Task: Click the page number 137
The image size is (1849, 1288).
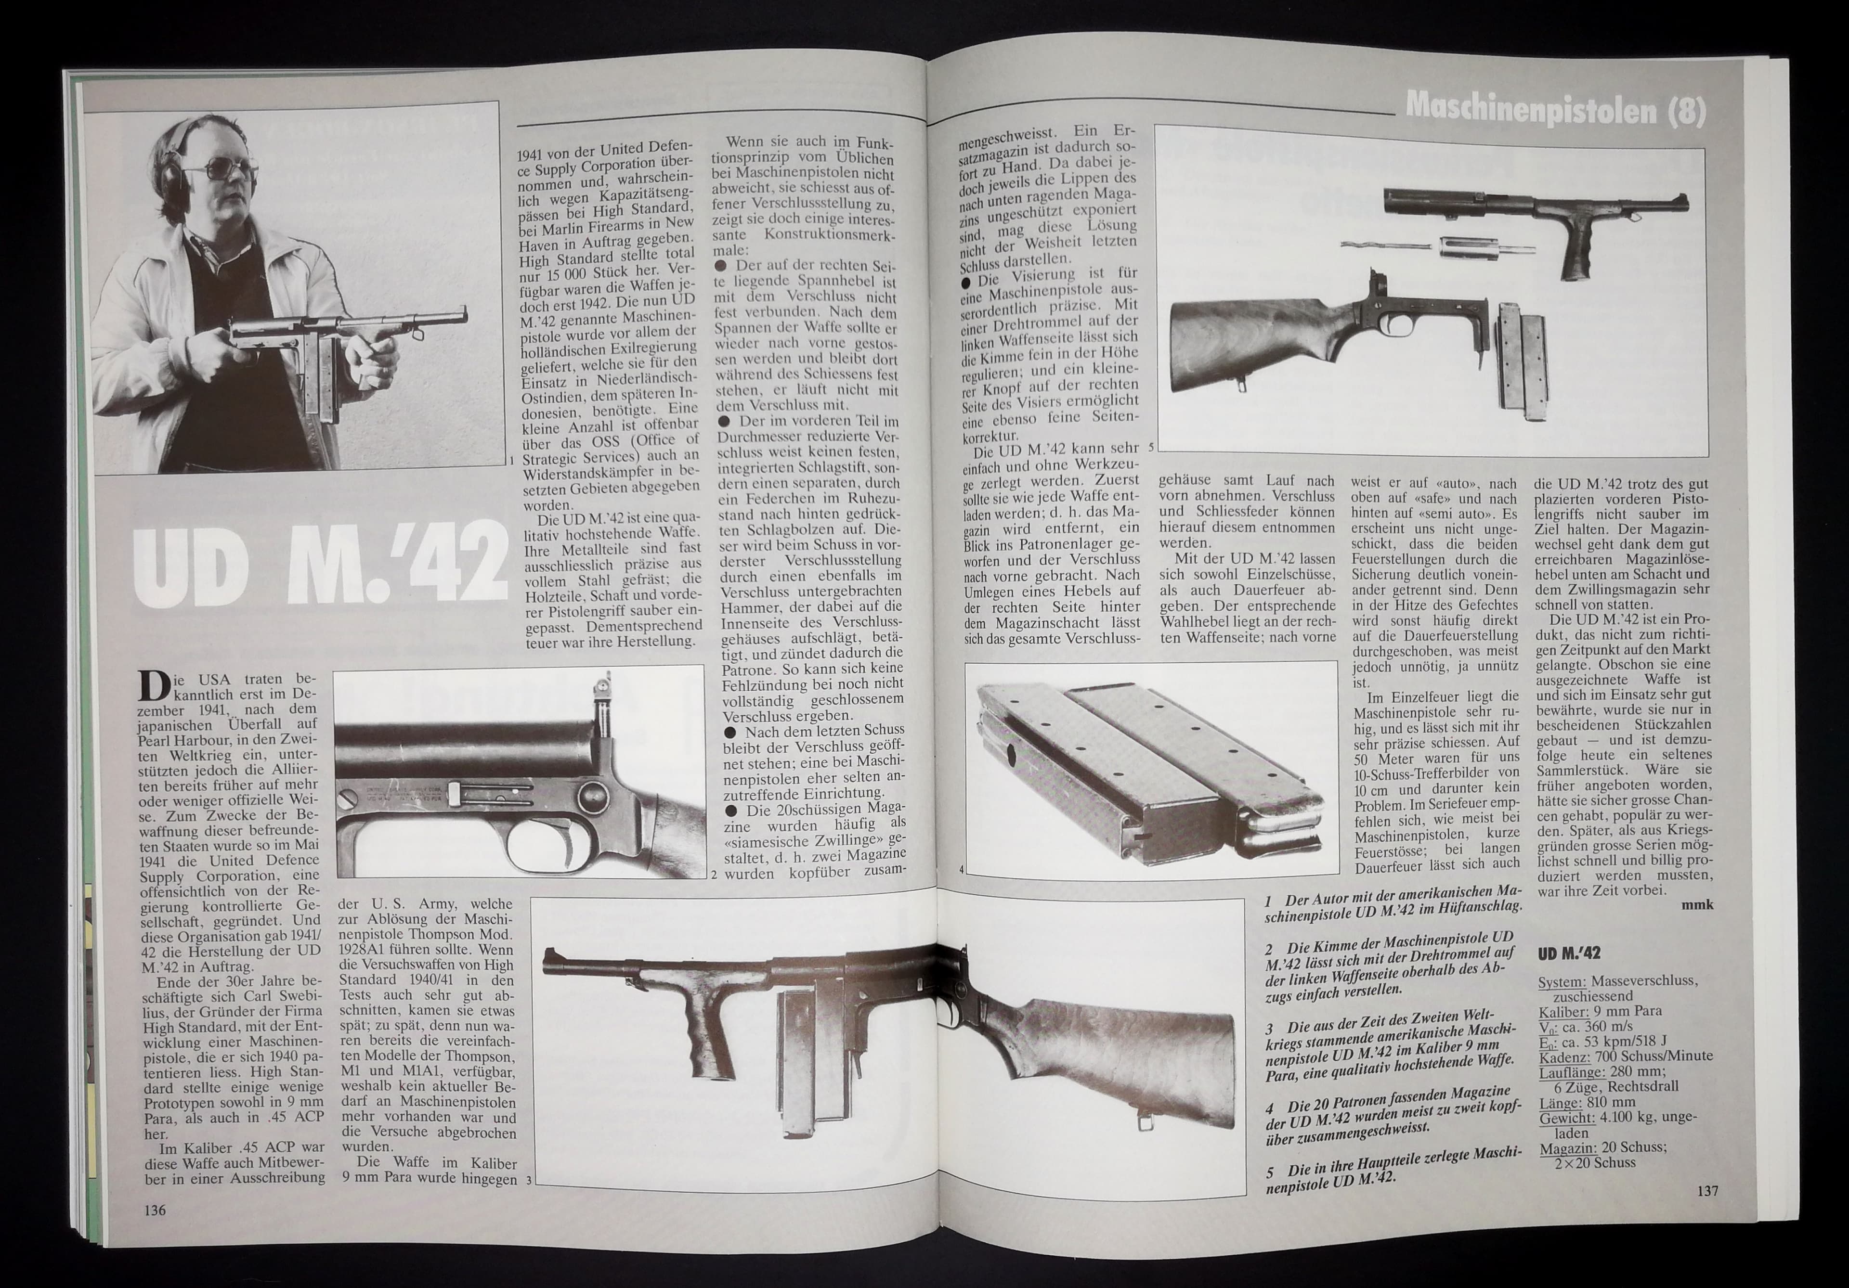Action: [x=1705, y=1191]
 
